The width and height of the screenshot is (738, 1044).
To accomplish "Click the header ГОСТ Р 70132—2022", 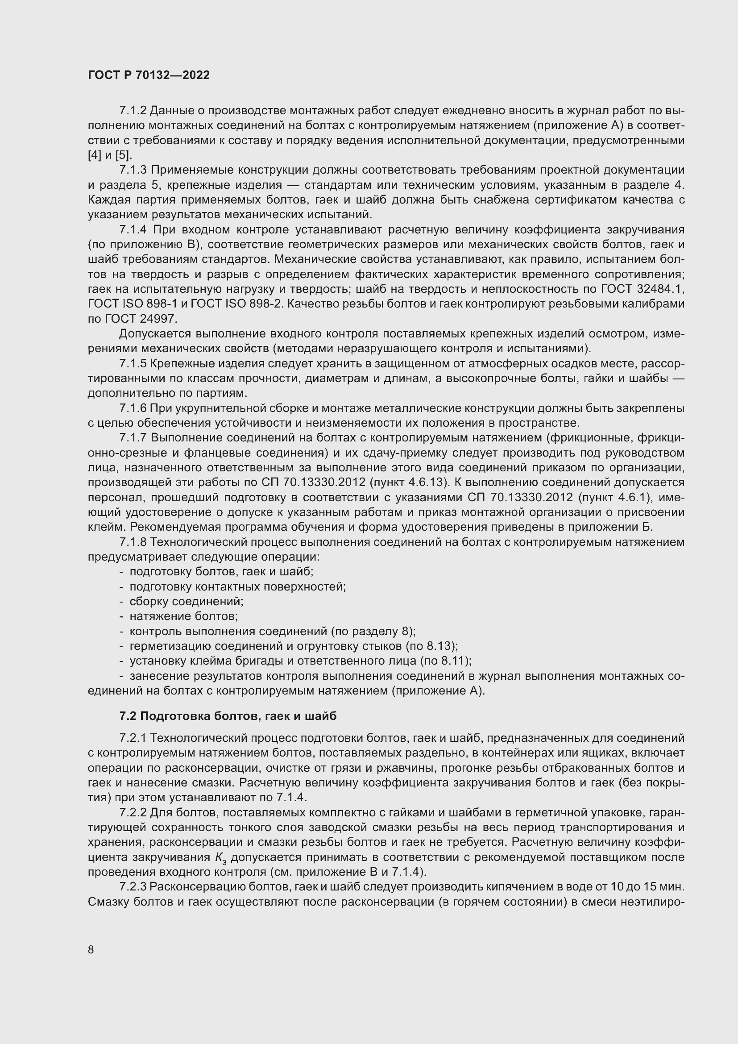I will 149,75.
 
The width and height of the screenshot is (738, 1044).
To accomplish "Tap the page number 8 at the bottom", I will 91,949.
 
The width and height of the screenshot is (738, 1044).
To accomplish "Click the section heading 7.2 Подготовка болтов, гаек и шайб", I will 228,716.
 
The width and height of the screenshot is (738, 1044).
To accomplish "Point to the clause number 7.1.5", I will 133,364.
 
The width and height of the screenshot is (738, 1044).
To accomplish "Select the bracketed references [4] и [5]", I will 109,155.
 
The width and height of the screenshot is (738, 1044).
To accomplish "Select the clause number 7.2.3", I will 133,887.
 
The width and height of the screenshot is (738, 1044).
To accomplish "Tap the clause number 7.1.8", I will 133,542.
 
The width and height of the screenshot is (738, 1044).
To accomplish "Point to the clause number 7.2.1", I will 133,738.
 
